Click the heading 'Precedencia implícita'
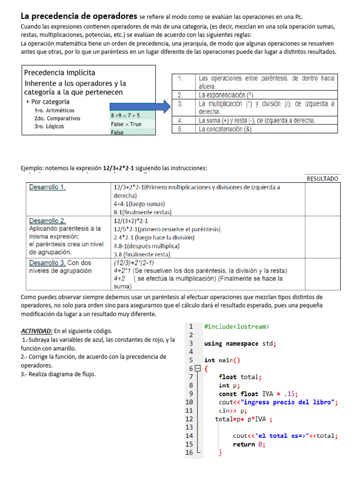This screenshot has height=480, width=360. [x=60, y=73]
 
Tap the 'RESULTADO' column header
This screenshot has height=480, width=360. [x=322, y=179]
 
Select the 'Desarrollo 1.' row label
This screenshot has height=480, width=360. [x=47, y=187]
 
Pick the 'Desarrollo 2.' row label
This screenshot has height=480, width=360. [x=47, y=220]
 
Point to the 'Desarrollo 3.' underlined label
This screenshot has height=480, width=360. [x=47, y=263]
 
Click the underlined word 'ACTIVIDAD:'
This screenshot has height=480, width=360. [x=37, y=331]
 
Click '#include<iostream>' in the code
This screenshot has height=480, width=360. [x=237, y=326]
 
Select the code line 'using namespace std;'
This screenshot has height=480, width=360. [x=240, y=343]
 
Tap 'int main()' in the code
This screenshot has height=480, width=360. [x=222, y=360]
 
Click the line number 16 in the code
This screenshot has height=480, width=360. [x=189, y=452]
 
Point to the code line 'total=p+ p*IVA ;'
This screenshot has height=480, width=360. [x=244, y=419]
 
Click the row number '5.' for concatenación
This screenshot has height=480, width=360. [x=180, y=129]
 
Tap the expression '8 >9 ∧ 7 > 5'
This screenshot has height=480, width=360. [x=125, y=115]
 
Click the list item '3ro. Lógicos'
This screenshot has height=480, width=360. [x=49, y=126]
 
